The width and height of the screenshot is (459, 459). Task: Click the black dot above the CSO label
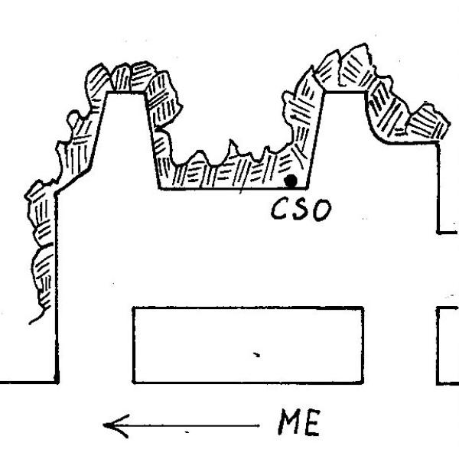tap(291, 181)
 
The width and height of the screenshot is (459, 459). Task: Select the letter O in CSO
tap(322, 210)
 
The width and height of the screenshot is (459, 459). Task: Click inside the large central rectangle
tap(248, 345)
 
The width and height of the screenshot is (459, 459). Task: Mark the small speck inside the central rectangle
tap(257, 355)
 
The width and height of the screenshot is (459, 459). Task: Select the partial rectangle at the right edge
tap(448, 346)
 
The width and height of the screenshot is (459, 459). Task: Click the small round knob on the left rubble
tap(73, 118)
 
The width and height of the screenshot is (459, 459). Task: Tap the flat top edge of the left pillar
tap(126, 93)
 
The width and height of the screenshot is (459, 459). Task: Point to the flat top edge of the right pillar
tap(345, 93)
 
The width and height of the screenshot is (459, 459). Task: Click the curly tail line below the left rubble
tap(38, 316)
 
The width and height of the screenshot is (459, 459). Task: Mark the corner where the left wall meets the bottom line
tap(57, 382)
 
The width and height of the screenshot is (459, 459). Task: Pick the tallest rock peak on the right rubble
tap(365, 44)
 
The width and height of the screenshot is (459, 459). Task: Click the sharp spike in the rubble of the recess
tap(232, 141)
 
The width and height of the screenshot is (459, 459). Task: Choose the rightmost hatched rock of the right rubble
tap(429, 122)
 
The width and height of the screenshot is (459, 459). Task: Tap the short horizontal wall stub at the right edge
tap(448, 233)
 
